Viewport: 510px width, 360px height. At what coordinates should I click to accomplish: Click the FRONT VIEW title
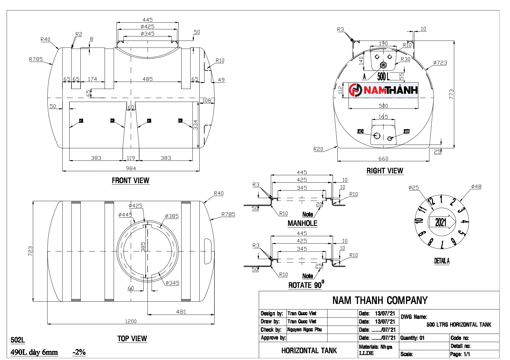(x=130, y=181)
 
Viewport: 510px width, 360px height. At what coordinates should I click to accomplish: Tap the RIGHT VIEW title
(x=385, y=171)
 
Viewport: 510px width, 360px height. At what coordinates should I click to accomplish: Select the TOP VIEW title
(x=132, y=339)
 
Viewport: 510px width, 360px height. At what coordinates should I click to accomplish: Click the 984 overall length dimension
(x=131, y=168)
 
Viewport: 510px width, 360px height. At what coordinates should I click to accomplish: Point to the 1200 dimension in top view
(x=131, y=321)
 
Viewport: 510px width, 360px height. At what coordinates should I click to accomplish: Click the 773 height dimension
(x=451, y=94)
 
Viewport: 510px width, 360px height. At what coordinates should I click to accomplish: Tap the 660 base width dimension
(x=383, y=159)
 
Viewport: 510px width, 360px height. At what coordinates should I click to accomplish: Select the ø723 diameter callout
(x=440, y=63)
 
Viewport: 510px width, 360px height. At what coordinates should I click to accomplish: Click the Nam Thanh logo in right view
(x=383, y=90)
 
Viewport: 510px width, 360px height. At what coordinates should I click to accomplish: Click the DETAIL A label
(x=442, y=261)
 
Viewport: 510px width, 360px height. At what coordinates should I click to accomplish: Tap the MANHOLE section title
(x=302, y=223)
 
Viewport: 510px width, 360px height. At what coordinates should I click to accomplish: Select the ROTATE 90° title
(x=306, y=285)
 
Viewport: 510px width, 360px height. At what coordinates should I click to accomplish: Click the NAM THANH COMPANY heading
(x=380, y=300)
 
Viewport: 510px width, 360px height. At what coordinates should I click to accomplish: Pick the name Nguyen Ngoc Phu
(x=305, y=330)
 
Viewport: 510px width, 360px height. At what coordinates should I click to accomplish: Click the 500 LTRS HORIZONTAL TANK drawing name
(x=459, y=325)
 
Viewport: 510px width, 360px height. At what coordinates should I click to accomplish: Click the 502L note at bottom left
(x=18, y=340)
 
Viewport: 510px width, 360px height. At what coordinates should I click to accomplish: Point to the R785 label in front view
(x=36, y=59)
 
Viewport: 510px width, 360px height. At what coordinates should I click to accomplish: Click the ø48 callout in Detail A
(x=476, y=186)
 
